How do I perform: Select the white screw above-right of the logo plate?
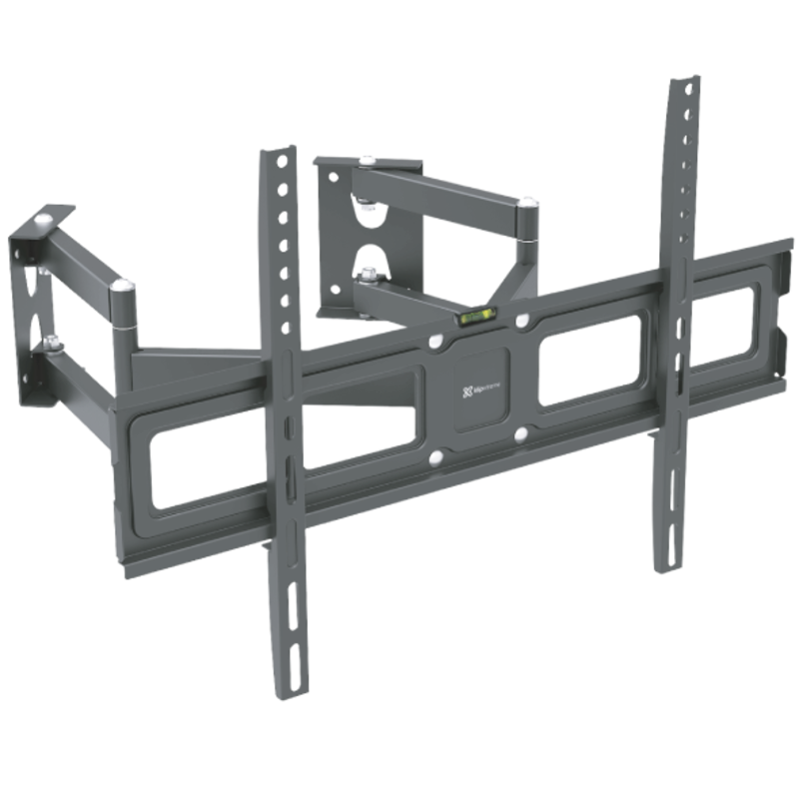(521, 322)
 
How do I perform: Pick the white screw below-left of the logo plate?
(436, 458)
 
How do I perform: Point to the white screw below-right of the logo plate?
(521, 434)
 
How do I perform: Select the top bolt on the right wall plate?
(368, 160)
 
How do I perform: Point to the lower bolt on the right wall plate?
(370, 270)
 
